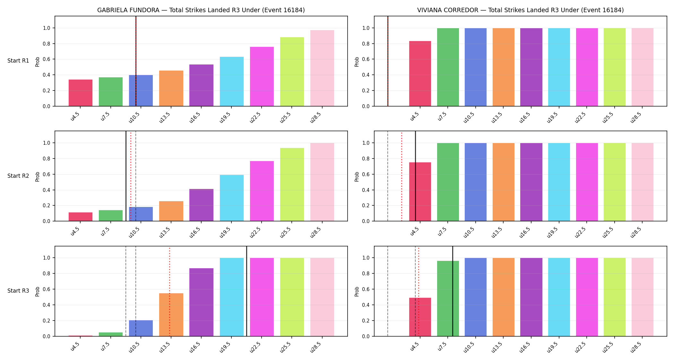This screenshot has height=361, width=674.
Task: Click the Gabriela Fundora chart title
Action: [201, 10]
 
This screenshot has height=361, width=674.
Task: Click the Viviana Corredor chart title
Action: [520, 10]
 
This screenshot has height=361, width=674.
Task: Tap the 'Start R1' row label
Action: [18, 61]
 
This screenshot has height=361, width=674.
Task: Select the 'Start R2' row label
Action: [18, 176]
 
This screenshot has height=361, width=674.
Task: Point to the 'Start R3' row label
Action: [18, 291]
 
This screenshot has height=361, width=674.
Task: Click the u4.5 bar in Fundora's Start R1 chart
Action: [81, 93]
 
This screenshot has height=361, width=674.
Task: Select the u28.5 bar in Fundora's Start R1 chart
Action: [322, 68]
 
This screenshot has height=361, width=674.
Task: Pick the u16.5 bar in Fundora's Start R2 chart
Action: [201, 205]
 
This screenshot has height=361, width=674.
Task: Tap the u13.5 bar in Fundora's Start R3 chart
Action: [171, 315]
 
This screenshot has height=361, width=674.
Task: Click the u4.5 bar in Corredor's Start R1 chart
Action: [420, 73]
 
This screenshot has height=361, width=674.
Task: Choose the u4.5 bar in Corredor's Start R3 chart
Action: [420, 317]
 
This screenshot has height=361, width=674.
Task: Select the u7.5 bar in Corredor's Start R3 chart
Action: [448, 298]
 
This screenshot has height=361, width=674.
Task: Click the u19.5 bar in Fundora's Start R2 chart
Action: [232, 198]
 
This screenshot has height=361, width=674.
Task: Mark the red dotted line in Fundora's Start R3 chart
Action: [169, 291]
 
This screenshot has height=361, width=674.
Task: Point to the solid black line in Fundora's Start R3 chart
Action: [246, 291]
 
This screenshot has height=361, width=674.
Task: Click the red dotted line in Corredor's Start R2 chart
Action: [402, 176]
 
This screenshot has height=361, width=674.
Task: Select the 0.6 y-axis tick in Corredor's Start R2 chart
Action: [366, 175]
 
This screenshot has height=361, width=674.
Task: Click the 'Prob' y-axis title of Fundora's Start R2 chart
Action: [38, 176]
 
